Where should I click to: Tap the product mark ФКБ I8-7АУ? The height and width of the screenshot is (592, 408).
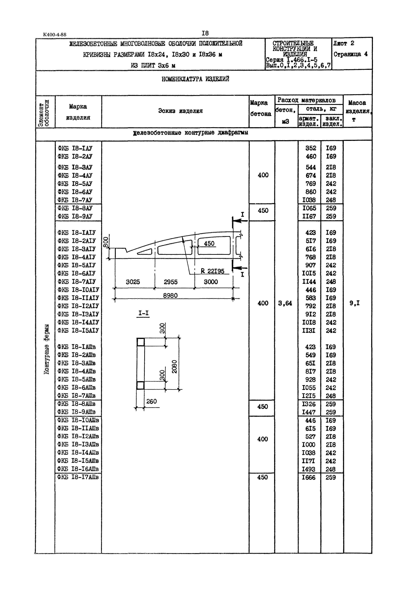point(75,200)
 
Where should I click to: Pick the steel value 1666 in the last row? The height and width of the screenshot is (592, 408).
point(309,477)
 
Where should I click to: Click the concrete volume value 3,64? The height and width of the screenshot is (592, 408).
point(285,303)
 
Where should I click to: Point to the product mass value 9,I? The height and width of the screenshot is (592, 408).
point(355,303)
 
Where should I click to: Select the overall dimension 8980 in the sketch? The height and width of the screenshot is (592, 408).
point(170,296)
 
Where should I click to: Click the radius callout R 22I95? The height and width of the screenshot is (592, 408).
point(212,271)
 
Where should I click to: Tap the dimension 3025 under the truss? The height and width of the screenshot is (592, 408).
point(133,282)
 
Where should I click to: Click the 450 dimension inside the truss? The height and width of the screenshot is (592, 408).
point(209,244)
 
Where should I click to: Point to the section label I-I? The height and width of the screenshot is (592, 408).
point(143,313)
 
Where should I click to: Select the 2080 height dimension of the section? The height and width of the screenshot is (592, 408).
point(174,367)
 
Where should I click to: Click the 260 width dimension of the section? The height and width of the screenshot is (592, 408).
point(151,401)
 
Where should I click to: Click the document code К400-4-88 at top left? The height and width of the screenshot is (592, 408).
point(55,35)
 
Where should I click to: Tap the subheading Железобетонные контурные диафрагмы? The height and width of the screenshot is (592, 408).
point(191,133)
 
